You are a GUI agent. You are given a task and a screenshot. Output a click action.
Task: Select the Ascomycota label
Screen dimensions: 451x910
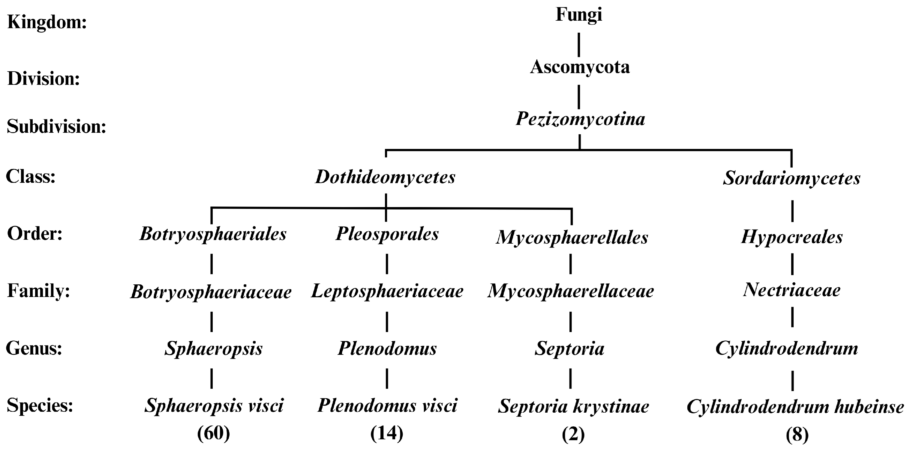580,67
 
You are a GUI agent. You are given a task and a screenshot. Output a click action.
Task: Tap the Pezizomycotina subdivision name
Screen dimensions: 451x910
580,119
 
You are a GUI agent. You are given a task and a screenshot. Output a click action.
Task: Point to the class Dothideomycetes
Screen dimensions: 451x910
385,177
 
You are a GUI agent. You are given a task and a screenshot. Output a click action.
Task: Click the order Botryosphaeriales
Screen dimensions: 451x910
213,234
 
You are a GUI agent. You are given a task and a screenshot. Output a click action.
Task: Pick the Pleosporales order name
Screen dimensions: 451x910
387,234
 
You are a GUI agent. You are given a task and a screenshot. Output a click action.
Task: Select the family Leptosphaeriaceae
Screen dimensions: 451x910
387,292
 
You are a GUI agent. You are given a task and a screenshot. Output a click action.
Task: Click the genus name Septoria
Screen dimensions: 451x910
569,349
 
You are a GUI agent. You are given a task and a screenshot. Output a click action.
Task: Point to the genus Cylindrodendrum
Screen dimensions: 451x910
787,349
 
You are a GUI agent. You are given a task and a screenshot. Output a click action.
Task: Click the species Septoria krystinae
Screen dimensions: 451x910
574,407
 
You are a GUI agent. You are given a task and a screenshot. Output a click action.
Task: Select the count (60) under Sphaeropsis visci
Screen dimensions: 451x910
214,433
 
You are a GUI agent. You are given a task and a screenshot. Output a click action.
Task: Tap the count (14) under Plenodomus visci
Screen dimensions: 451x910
387,433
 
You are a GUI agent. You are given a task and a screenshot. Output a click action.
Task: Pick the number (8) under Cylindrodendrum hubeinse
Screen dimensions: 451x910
797,435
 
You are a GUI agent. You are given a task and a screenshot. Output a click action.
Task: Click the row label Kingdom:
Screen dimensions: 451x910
47,23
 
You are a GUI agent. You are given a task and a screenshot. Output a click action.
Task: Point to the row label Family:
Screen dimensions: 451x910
38,291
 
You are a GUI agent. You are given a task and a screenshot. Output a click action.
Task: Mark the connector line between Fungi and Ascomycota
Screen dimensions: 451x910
579,45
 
